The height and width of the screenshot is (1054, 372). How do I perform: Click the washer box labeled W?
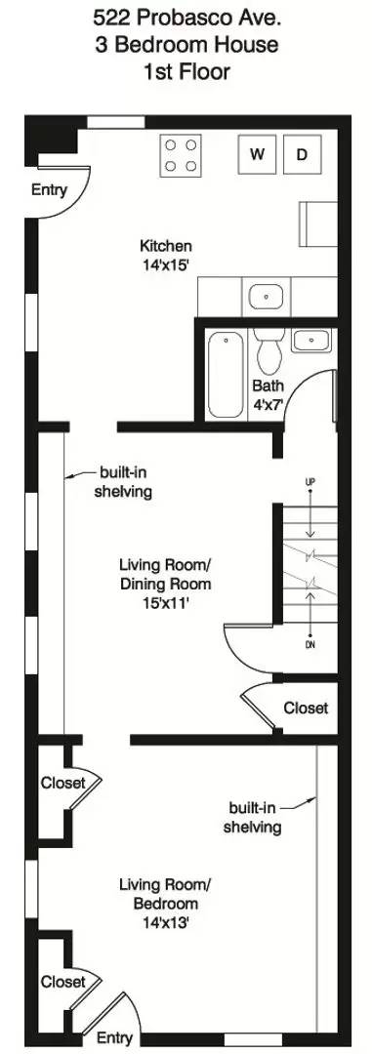click(x=259, y=154)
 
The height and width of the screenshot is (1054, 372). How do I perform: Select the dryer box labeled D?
click(x=303, y=154)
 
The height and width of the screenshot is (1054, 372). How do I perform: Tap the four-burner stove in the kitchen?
click(x=181, y=154)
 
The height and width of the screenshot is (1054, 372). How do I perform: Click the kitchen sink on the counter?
click(x=265, y=295)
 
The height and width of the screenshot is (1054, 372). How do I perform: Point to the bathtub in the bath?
click(x=226, y=374)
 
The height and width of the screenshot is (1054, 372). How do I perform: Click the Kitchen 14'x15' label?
click(x=166, y=254)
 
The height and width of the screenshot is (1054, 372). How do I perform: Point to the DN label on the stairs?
click(x=310, y=645)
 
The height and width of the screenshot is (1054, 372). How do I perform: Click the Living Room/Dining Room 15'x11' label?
click(x=165, y=584)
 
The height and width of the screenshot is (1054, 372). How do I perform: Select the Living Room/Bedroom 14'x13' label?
click(x=165, y=903)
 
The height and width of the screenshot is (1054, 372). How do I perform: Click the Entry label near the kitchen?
click(x=49, y=190)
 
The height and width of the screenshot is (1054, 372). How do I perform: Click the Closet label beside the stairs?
click(x=306, y=708)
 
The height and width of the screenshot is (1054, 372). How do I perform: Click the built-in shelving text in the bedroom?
click(x=253, y=817)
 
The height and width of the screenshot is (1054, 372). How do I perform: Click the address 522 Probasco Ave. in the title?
click(x=186, y=18)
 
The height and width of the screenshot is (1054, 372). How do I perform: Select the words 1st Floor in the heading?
click(x=186, y=70)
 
